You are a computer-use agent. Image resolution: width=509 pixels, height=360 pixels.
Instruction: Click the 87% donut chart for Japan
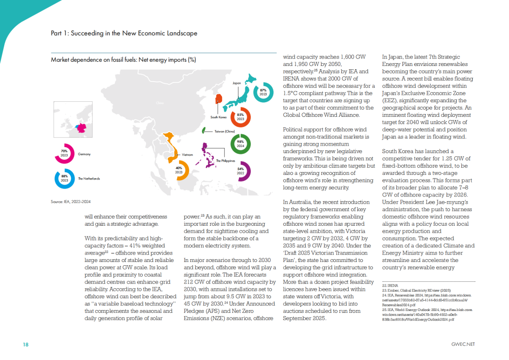click(x=263, y=93)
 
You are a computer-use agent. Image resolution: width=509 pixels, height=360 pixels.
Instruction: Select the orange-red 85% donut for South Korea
click(x=240, y=117)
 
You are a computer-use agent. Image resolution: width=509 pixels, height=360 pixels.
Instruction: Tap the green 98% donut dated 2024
click(x=240, y=143)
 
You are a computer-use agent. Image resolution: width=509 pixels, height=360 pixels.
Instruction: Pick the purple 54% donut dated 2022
click(x=240, y=171)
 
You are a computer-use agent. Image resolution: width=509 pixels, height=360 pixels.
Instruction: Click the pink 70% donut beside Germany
click(x=65, y=154)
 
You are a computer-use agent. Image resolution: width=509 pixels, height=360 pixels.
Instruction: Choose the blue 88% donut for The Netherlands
click(x=65, y=178)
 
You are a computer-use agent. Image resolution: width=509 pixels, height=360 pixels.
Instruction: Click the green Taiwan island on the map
click(x=203, y=130)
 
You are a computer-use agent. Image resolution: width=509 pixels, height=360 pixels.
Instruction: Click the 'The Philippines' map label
click(x=225, y=161)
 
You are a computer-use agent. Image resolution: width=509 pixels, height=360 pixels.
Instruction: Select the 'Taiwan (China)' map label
click(x=224, y=131)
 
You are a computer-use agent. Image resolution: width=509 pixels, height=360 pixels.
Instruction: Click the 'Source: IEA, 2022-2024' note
click(x=71, y=202)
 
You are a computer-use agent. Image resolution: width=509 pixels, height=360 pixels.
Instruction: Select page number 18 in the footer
click(x=25, y=344)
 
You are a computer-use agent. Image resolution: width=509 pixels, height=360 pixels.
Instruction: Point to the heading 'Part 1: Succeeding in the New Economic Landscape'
click(x=124, y=33)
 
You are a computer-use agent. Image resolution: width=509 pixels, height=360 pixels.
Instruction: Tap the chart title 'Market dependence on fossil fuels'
click(x=123, y=60)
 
